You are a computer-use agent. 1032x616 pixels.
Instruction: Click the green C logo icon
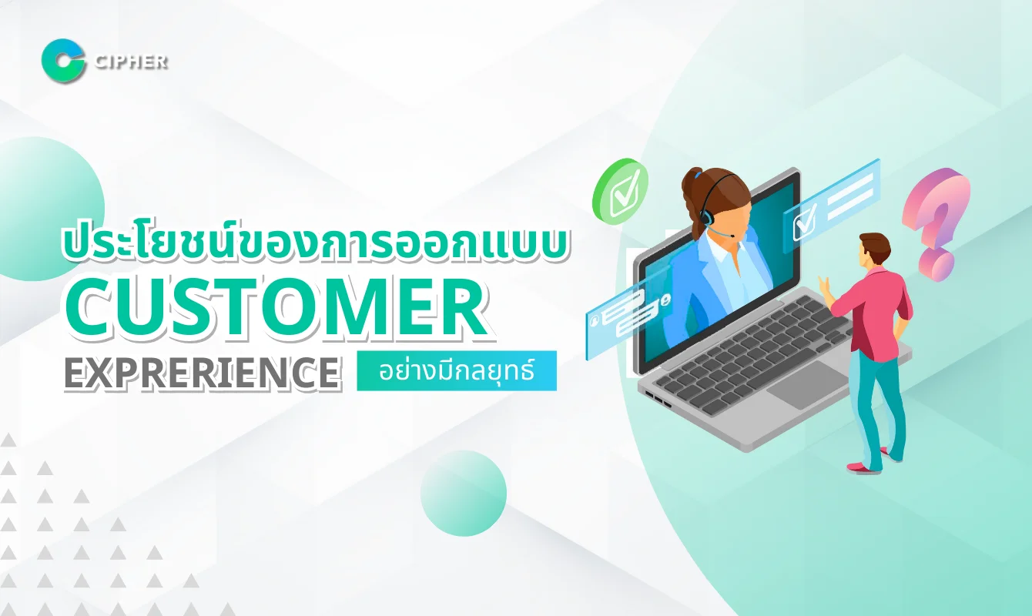(x=63, y=62)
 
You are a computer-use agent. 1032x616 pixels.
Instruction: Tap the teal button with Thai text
(x=457, y=370)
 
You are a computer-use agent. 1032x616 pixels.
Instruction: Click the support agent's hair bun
(x=692, y=180)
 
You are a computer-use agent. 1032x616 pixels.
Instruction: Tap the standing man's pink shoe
(x=861, y=466)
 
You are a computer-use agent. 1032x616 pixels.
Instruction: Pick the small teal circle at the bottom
(x=464, y=493)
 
